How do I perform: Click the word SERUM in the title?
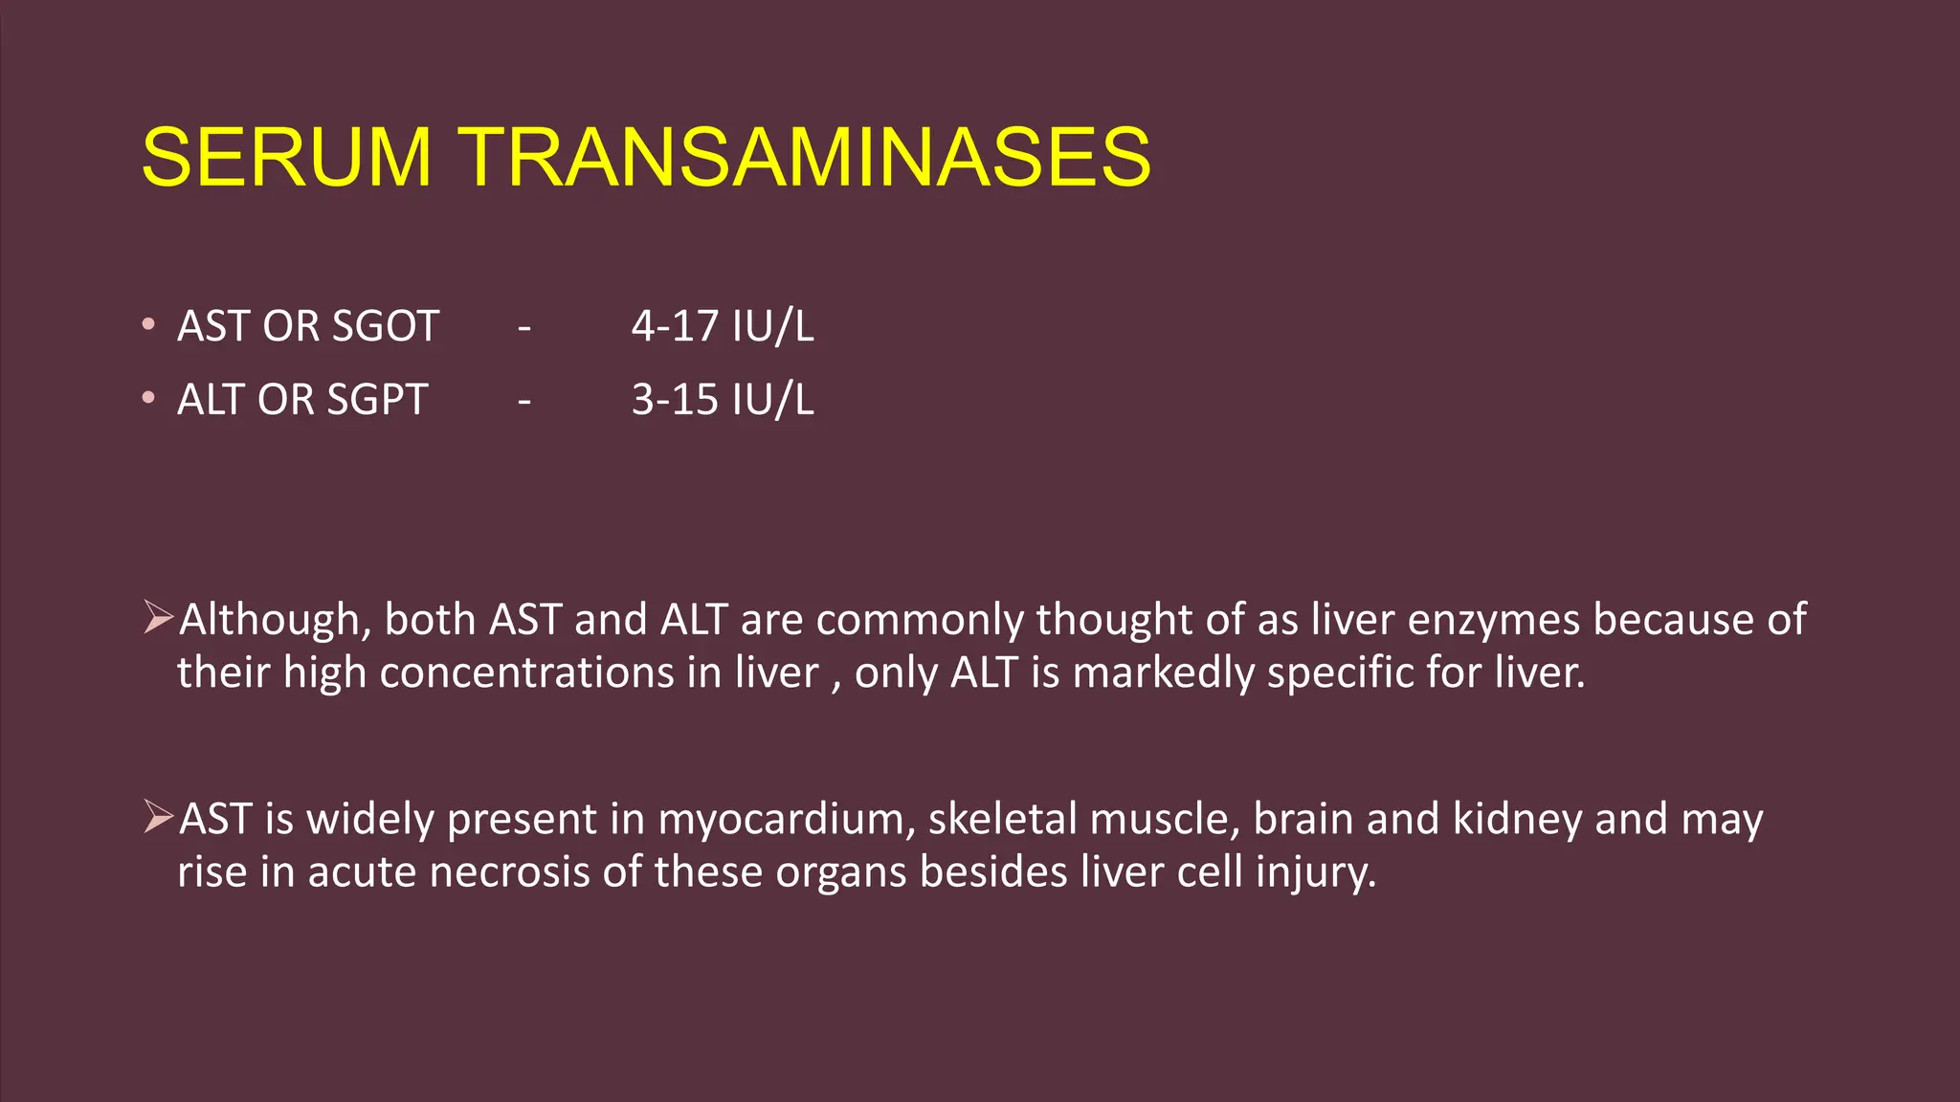pos(286,157)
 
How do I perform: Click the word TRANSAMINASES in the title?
pos(806,157)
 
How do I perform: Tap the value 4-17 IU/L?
pos(723,326)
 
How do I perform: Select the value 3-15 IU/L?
pos(723,400)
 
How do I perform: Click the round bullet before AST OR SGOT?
pos(147,324)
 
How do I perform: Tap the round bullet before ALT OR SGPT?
pos(147,398)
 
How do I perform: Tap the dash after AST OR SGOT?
pos(523,329)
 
